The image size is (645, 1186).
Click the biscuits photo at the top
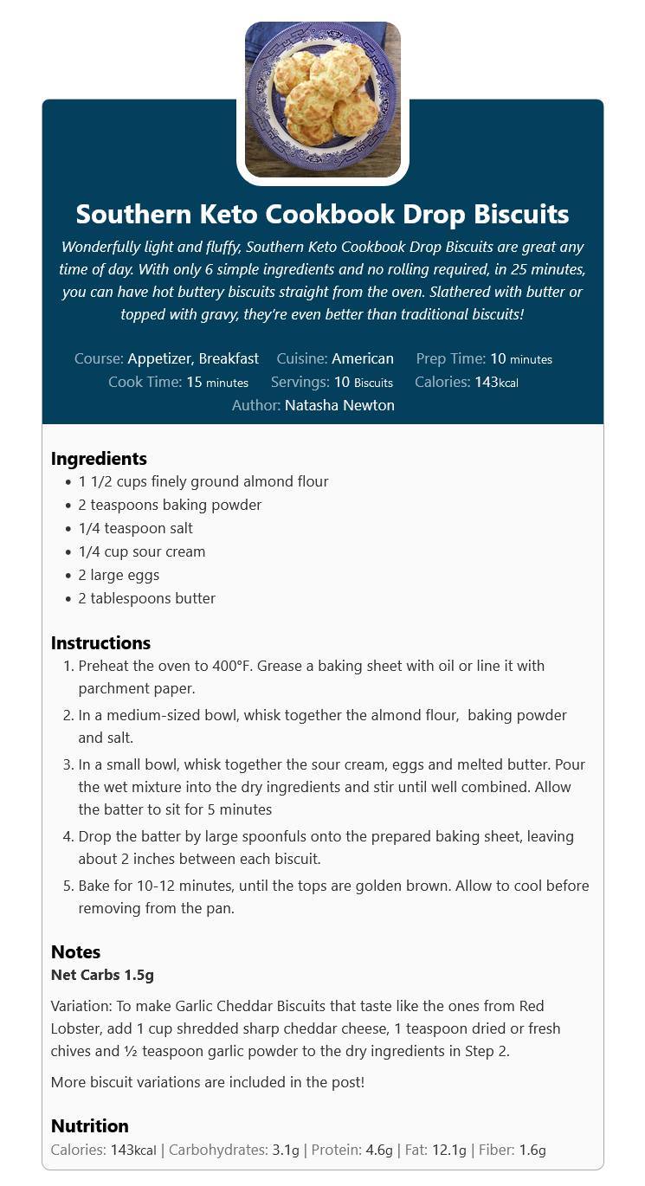coord(322,100)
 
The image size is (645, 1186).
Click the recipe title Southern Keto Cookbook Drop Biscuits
coord(322,214)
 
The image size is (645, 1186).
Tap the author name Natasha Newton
coord(339,405)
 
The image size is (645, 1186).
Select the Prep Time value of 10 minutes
coord(520,358)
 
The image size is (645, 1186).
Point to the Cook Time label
coord(145,382)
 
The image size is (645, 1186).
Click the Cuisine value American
coord(362,358)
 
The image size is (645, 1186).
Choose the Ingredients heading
coord(99,459)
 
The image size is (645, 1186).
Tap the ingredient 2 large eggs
coord(119,575)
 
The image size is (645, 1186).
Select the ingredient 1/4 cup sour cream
coord(142,551)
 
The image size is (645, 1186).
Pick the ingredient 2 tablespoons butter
coord(147,598)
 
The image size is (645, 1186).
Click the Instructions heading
coord(100,643)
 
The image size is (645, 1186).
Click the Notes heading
coord(75,952)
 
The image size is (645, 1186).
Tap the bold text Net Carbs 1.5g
coord(102,975)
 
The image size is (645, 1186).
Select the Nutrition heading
coord(89,1126)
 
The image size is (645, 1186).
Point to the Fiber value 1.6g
coord(532,1150)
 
